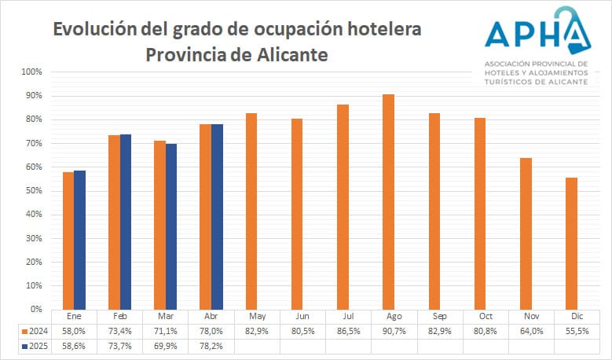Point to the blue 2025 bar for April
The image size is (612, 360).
(x=217, y=216)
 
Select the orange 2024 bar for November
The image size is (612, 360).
(x=526, y=233)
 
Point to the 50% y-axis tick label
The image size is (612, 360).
(x=33, y=191)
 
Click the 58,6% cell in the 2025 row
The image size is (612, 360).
(x=74, y=346)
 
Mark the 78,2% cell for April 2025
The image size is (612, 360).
(x=211, y=346)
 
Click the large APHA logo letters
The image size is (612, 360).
(x=534, y=32)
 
